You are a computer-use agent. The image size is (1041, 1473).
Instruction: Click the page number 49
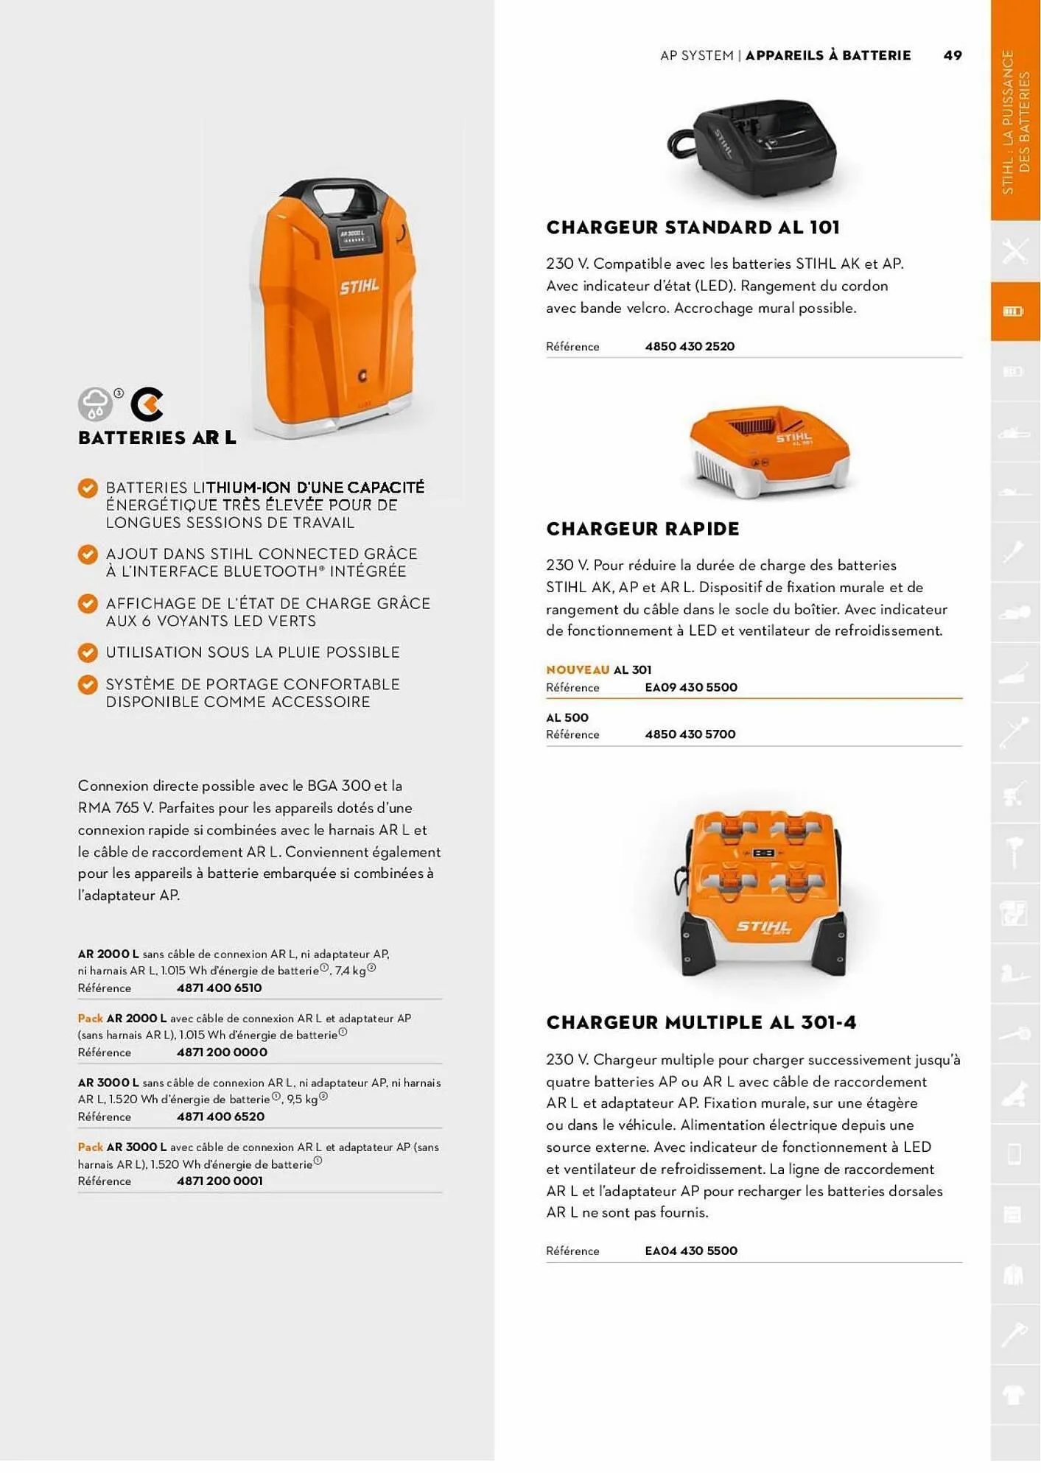[952, 55]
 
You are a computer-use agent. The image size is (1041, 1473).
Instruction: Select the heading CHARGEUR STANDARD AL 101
[693, 228]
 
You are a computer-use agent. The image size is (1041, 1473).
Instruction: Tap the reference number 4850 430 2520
[689, 346]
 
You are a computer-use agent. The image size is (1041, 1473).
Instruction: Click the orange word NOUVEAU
[577, 669]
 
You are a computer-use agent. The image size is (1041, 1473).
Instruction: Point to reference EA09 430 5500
[690, 687]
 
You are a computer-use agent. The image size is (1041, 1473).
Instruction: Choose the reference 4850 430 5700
[690, 734]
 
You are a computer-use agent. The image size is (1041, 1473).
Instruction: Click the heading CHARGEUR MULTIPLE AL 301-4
[701, 1022]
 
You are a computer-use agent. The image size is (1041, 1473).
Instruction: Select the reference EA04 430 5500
[690, 1251]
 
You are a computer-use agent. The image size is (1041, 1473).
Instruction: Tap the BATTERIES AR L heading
[157, 437]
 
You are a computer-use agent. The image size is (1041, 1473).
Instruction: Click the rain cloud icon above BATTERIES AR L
[95, 404]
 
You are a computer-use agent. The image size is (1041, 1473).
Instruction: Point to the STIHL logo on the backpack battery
[360, 286]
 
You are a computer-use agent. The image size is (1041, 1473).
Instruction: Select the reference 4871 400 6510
[219, 988]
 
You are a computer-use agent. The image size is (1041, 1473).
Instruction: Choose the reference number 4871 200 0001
[220, 1181]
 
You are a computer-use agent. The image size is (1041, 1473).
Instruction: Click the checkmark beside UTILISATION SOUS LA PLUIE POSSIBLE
[88, 653]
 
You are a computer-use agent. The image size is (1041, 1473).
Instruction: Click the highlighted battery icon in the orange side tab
[1014, 312]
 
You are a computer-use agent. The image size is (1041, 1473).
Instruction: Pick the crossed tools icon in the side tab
[1014, 251]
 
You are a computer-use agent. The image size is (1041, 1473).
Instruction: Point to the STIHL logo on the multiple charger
[763, 926]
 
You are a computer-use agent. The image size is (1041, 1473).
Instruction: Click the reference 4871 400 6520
[220, 1117]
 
